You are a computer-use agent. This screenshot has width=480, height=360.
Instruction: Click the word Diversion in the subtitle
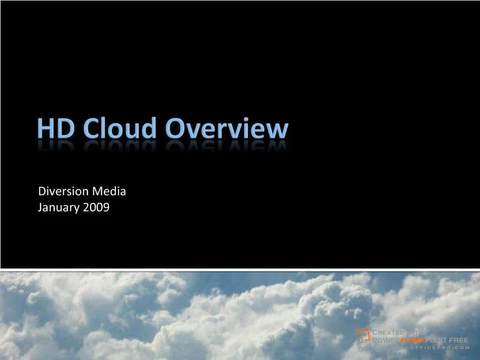63,191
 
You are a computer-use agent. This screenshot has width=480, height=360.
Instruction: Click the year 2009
96,207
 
